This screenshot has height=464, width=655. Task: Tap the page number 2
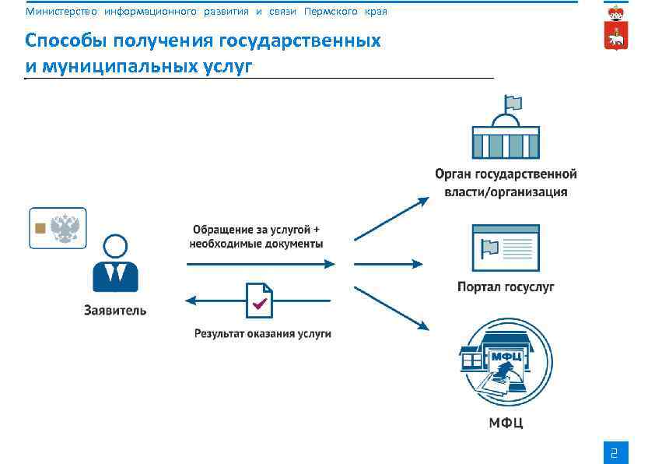pos(615,452)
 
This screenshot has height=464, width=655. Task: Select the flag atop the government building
pos(513,103)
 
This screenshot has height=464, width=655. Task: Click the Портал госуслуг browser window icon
pos(506,248)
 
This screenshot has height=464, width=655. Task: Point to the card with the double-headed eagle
pos(58,228)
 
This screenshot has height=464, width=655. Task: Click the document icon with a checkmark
pos(259,300)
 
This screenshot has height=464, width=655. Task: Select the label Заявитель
pos(115,311)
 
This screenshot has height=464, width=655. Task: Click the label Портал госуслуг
pos(506,287)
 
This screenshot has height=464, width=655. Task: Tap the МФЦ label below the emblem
pos(506,423)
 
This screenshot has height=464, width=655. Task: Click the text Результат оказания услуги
pos(263,333)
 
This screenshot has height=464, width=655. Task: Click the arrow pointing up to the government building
pos(391,218)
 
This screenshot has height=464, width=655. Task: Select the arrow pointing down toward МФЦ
pos(391,308)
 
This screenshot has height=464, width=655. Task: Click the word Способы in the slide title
pos(65,40)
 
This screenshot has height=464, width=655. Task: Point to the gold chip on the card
pos(40,228)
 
